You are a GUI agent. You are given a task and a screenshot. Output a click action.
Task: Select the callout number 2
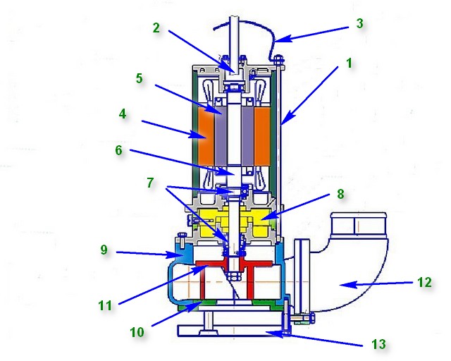[x=157, y=28]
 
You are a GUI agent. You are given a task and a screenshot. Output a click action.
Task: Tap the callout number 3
[x=359, y=23]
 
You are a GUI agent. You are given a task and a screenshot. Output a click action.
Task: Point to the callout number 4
[x=123, y=113]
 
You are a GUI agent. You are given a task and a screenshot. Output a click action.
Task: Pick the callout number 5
[x=140, y=78]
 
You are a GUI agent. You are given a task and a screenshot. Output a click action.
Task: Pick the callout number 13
[x=379, y=344]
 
